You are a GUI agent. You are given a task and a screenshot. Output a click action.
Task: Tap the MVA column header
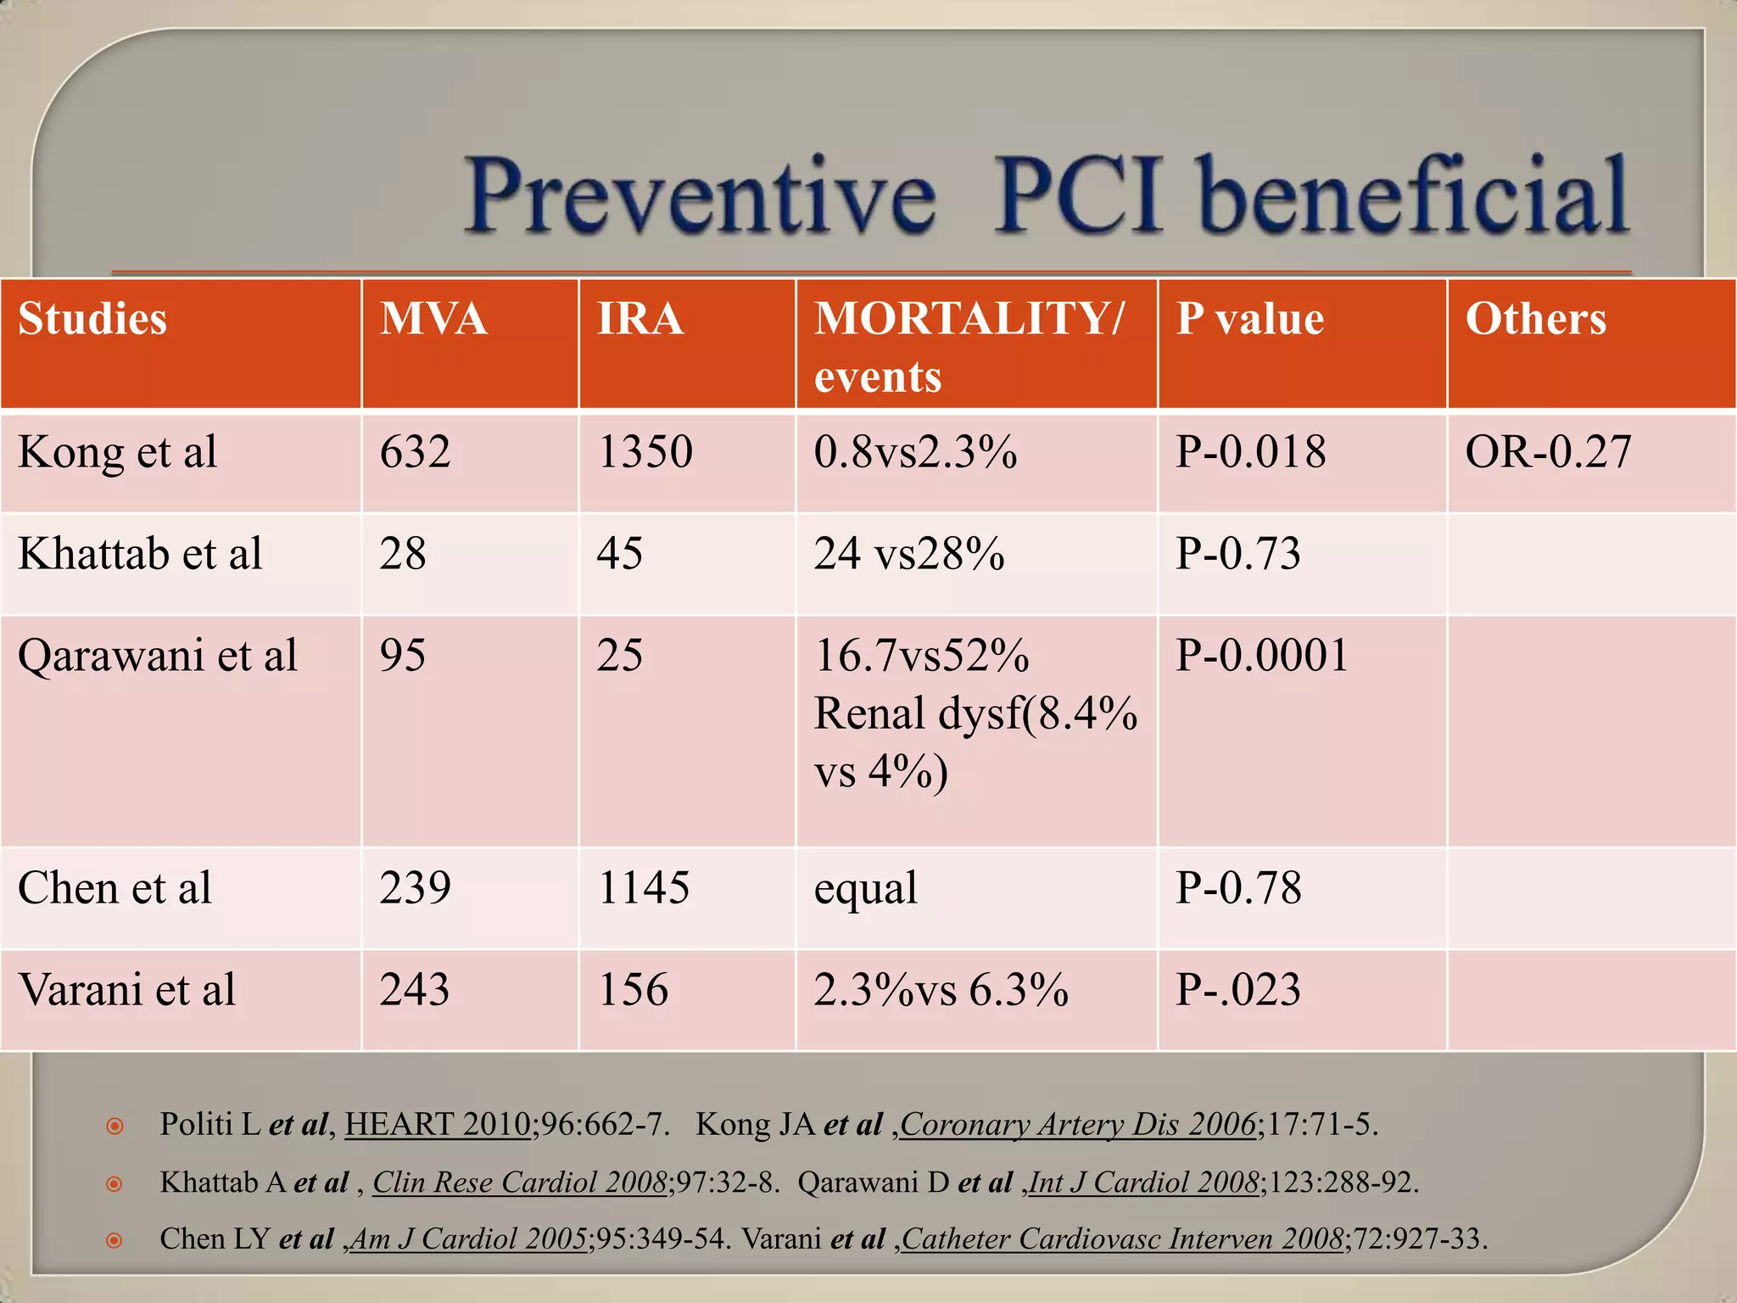pos(433,319)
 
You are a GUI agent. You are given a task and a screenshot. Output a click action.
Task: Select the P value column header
pos(1249,319)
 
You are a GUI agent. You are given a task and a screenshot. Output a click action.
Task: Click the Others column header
pos(1535,319)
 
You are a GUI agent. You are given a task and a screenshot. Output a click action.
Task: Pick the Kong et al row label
pos(118,452)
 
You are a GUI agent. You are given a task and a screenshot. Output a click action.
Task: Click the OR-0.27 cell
pos(1548,452)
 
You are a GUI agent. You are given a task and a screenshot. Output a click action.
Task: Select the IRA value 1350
pos(645,452)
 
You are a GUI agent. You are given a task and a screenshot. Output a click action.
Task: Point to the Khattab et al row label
pos(140,554)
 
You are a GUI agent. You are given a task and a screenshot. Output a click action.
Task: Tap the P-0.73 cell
pos(1237,554)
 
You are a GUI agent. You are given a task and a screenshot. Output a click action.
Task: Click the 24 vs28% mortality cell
pos(909,554)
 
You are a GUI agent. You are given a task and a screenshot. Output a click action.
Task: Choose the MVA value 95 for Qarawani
pos(402,656)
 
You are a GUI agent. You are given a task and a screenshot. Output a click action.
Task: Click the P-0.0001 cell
pos(1261,656)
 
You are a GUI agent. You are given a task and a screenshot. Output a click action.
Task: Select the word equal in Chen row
pos(865,888)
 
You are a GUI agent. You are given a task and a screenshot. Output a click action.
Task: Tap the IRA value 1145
pos(643,888)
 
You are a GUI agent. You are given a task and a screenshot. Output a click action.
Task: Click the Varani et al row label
pos(127,990)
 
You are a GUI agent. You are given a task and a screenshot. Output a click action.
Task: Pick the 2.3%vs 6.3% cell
pos(941,990)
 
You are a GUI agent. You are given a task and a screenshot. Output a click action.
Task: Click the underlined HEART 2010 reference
pos(437,1124)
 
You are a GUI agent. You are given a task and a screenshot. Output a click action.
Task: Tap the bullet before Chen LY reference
pos(115,1241)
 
